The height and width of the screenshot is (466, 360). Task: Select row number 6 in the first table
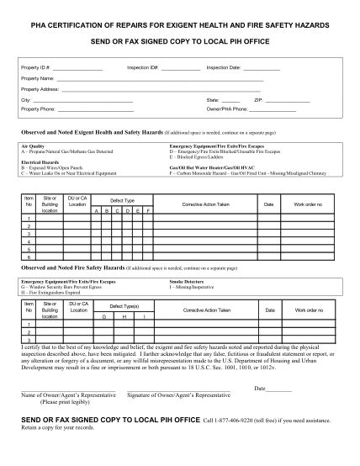[29, 257]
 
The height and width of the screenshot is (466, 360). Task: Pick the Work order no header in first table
[308, 204]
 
